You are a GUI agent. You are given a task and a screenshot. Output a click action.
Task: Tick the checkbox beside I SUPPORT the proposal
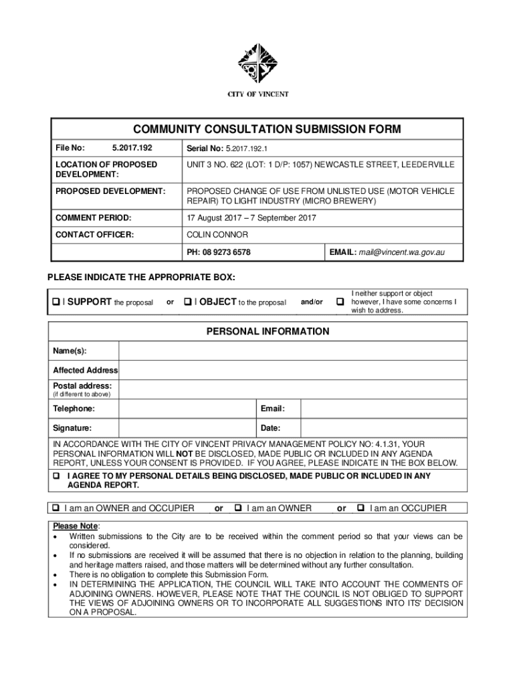point(56,302)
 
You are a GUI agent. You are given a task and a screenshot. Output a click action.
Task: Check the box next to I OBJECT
point(188,302)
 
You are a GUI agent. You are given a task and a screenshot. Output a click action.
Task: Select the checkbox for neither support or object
point(339,302)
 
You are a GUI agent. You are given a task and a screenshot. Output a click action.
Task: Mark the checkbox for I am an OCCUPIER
point(361,508)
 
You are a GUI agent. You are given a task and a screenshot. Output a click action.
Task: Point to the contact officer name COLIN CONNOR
point(217,235)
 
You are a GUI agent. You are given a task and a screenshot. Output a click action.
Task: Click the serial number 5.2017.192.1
point(247,148)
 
